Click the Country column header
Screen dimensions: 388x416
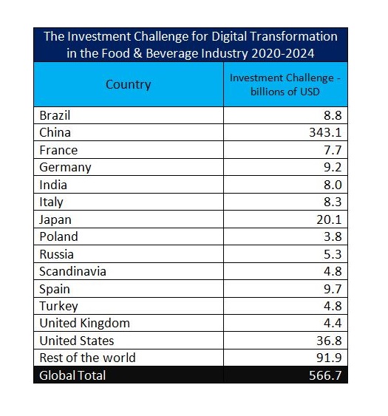(128, 85)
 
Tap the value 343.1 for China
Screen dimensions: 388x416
(325, 132)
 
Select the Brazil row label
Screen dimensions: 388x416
(55, 115)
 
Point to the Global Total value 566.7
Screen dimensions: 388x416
(325, 375)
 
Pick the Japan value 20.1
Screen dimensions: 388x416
(329, 219)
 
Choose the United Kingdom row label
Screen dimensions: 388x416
(85, 323)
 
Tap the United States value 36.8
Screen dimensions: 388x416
(329, 341)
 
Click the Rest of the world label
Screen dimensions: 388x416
(88, 358)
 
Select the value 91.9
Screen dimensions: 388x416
(329, 358)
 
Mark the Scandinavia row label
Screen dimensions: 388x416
(72, 271)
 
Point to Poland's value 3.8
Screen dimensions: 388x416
(333, 236)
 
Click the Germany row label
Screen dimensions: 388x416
(65, 168)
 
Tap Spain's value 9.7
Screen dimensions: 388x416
(333, 289)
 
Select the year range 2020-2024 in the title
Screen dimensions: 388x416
(282, 53)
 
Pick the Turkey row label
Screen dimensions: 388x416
(58, 306)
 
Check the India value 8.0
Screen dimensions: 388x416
(333, 185)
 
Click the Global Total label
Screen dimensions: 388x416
(72, 375)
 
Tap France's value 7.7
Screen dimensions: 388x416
(333, 150)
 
